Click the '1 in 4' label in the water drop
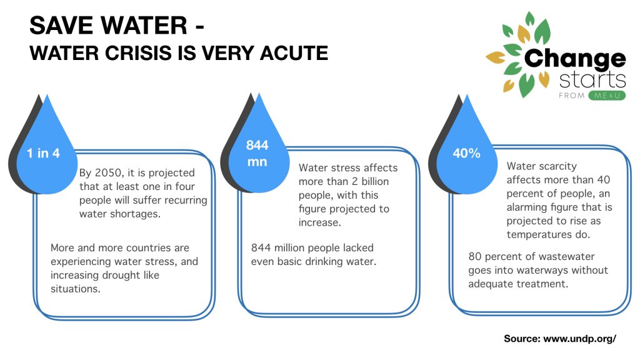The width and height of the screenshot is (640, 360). tap(43, 153)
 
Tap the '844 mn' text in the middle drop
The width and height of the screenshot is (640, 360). tap(257, 154)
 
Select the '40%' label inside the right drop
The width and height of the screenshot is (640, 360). tap(466, 153)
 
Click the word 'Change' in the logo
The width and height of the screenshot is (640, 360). tap(575, 59)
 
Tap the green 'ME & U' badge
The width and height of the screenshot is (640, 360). tap(607, 96)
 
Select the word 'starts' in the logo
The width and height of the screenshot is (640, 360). tap(592, 80)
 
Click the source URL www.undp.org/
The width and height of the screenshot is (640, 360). tap(579, 338)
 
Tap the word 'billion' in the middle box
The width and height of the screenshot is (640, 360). tap(375, 181)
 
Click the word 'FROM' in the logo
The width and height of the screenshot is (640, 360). tap(571, 96)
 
